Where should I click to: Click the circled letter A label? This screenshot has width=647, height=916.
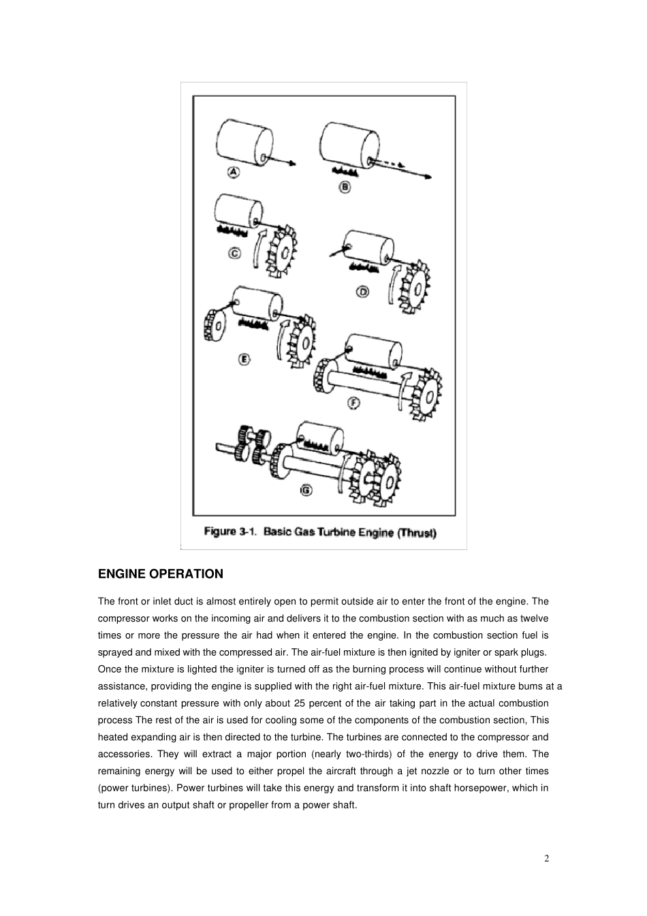pyautogui.click(x=234, y=172)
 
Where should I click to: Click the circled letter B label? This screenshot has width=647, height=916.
pyautogui.click(x=345, y=186)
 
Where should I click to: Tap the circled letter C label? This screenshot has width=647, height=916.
pyautogui.click(x=234, y=254)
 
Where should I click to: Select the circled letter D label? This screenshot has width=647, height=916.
pyautogui.click(x=363, y=291)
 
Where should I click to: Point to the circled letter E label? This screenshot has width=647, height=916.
pyautogui.click(x=244, y=359)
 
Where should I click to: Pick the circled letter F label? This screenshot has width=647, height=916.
pyautogui.click(x=354, y=403)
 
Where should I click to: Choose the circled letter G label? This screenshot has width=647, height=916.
pyautogui.click(x=306, y=489)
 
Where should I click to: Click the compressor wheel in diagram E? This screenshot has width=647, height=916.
pyautogui.click(x=216, y=326)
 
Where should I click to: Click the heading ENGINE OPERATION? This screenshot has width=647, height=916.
pyautogui.click(x=161, y=574)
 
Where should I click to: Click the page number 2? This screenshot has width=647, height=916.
pyautogui.click(x=546, y=858)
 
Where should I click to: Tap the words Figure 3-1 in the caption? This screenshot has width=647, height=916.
pyautogui.click(x=230, y=532)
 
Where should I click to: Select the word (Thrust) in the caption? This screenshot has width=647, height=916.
pyautogui.click(x=417, y=532)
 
